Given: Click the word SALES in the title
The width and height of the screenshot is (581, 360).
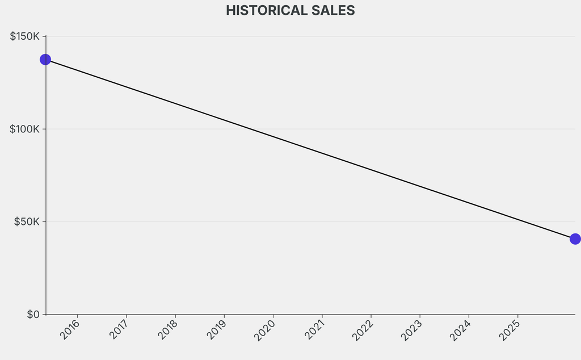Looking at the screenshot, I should [x=333, y=10].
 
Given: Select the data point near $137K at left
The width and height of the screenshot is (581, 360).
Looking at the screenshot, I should [x=45, y=60].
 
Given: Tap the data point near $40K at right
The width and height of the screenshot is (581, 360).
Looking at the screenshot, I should [x=575, y=239].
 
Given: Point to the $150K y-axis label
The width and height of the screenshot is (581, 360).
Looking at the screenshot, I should [x=25, y=36].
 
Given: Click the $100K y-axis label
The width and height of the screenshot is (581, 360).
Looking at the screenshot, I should [x=25, y=129].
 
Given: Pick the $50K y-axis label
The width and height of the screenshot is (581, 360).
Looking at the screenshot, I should [x=27, y=221].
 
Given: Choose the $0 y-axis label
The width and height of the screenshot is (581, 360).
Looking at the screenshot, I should [x=33, y=314].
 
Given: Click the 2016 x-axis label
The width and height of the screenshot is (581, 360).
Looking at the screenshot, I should [x=71, y=329].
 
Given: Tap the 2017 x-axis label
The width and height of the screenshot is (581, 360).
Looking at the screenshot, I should [x=120, y=329].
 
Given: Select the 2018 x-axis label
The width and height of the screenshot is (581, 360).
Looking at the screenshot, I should [x=169, y=329].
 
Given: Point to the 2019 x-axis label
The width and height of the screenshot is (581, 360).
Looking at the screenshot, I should [x=217, y=329].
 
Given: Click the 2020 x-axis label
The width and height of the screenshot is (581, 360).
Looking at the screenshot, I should [x=266, y=329].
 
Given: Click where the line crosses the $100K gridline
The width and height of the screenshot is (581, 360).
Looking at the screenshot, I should [x=250, y=129].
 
